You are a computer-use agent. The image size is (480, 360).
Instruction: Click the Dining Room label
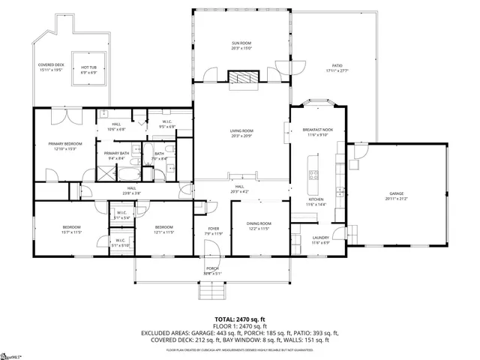point(259,226)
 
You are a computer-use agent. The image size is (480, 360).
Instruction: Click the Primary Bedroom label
point(65,145)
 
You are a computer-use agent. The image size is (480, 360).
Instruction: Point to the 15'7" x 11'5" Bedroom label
point(71,229)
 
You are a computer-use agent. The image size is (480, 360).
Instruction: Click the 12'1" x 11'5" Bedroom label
point(164,229)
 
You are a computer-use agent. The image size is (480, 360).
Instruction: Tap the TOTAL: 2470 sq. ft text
point(240,319)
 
